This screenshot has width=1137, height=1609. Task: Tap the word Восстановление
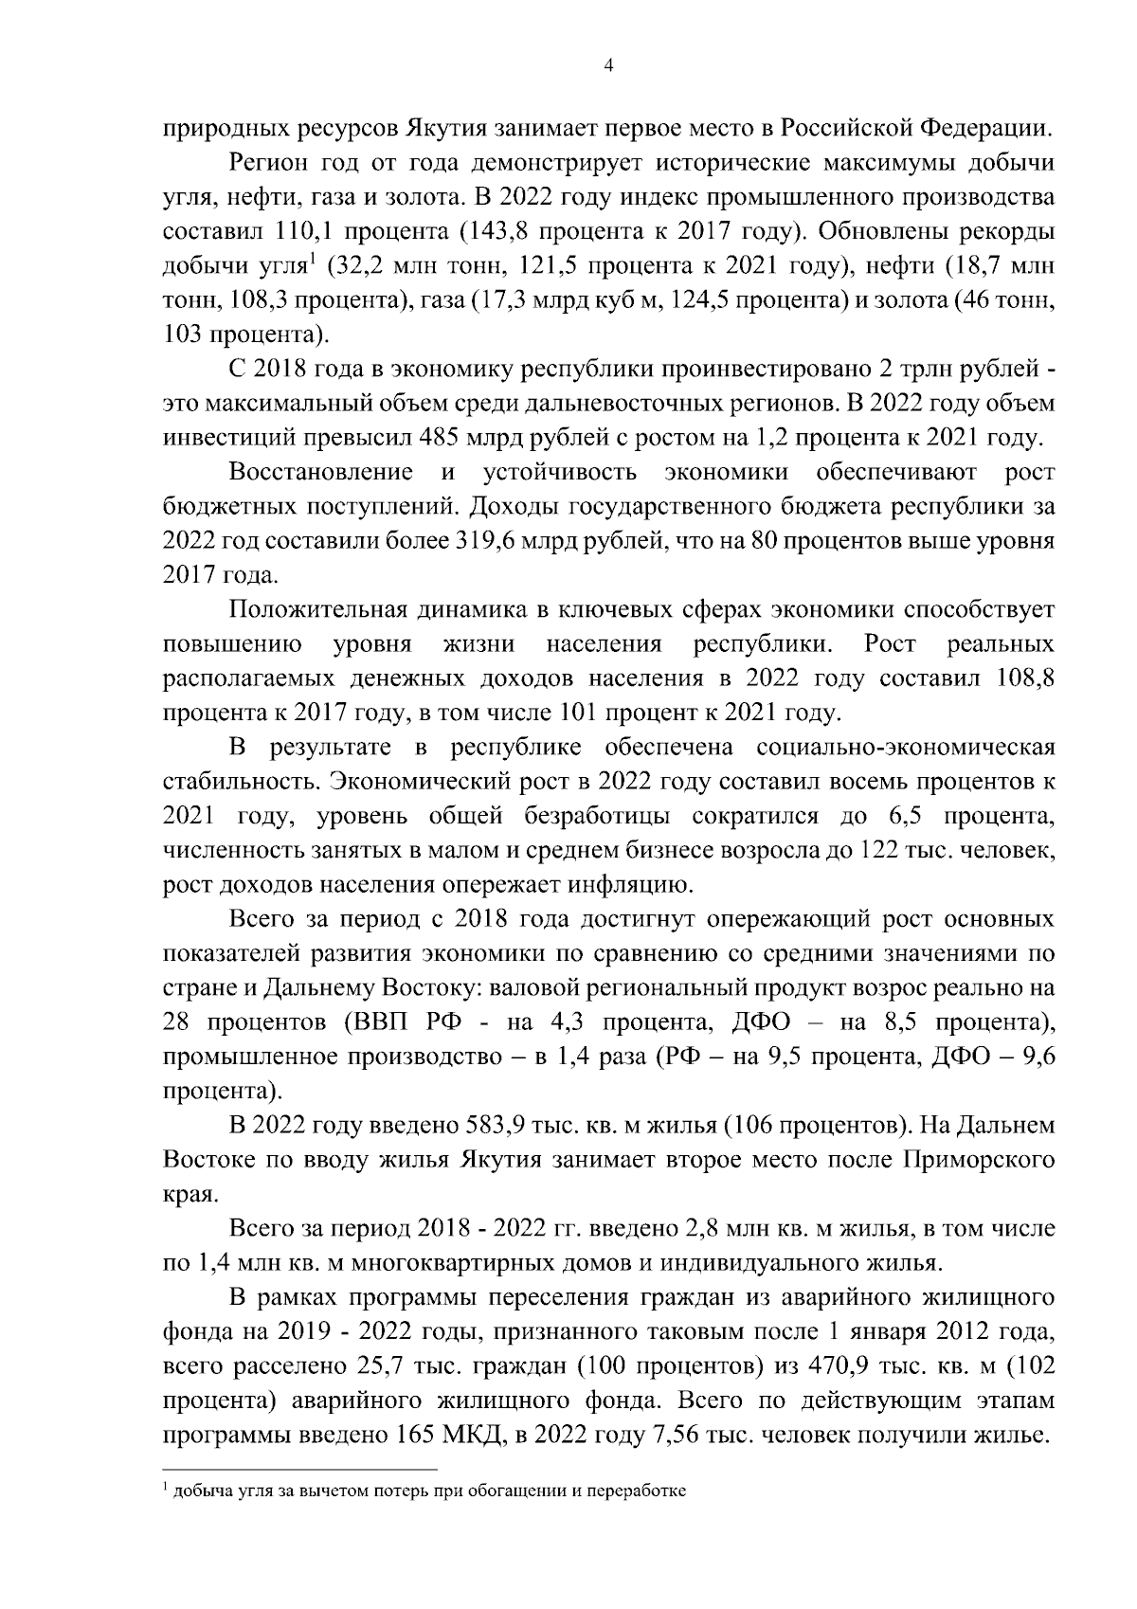coord(321,472)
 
